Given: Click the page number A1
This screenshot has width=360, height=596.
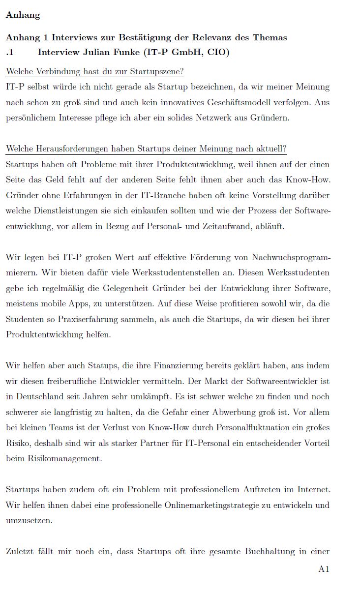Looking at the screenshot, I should [324, 569].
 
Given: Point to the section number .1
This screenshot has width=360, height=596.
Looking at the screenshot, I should [9, 52].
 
